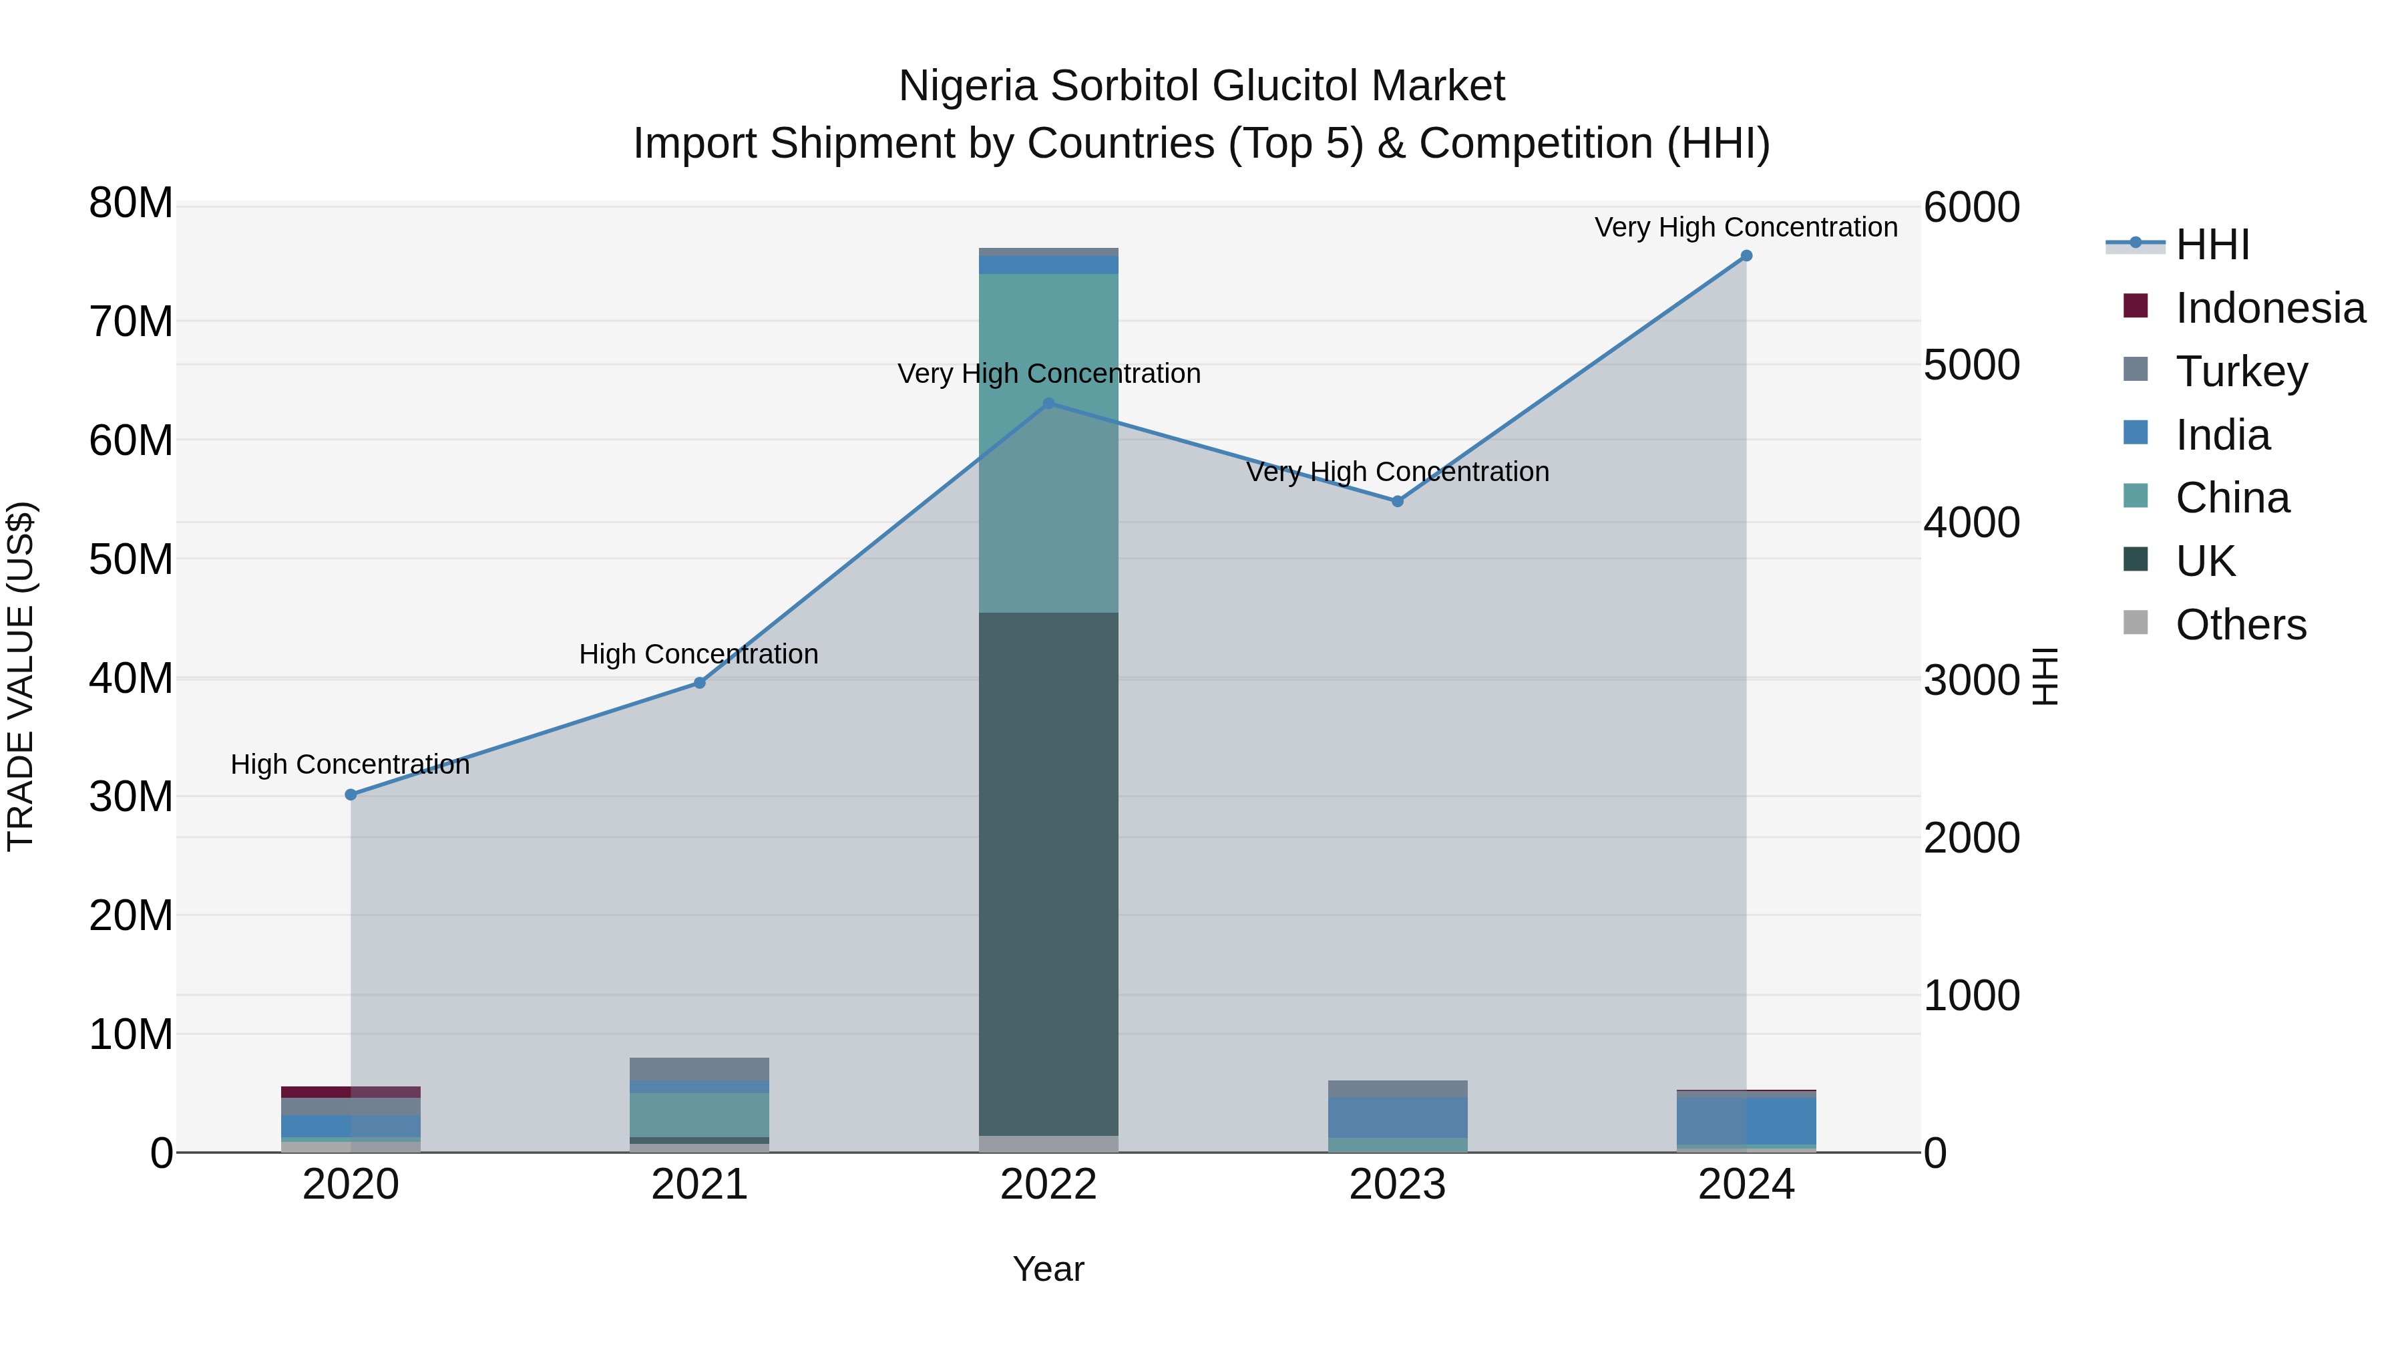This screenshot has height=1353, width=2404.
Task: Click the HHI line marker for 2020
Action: [351, 794]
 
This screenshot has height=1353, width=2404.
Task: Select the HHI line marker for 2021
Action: [700, 683]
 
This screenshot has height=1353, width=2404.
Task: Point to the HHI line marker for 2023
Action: [1397, 501]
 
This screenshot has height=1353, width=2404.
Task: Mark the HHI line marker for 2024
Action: [1746, 256]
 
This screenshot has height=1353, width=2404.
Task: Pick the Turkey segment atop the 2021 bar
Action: [700, 1069]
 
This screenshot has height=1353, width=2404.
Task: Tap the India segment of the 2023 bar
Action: [1397, 1118]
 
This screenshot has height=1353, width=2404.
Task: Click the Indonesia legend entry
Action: [2270, 308]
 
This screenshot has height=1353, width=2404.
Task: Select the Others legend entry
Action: [2240, 625]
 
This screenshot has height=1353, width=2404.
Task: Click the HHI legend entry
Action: [2212, 245]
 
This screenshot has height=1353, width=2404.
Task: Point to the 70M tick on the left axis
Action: [131, 321]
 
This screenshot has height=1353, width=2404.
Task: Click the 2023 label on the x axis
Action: [1397, 1185]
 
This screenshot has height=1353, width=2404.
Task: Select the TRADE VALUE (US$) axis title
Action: [21, 676]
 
